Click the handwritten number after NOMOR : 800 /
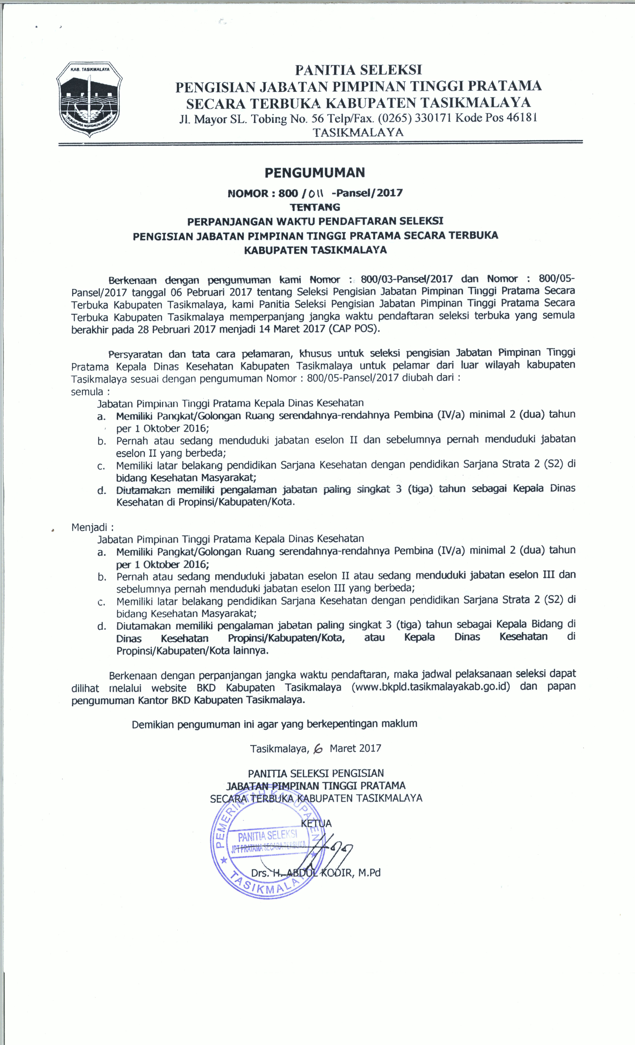click(x=316, y=194)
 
